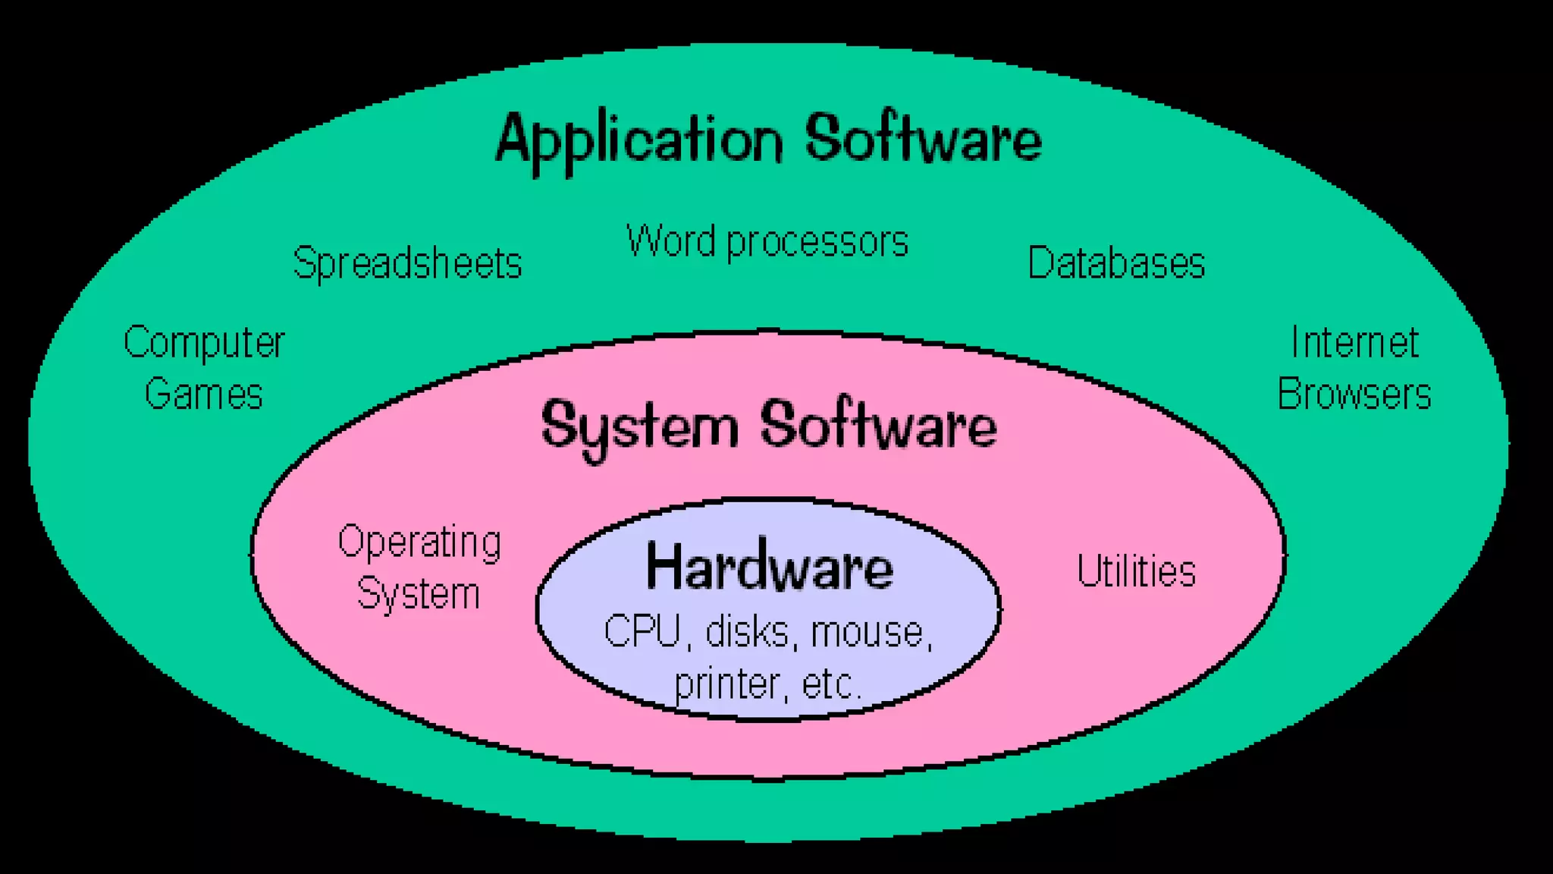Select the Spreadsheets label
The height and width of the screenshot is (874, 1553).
tap(407, 264)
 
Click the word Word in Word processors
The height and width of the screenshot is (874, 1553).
tap(670, 241)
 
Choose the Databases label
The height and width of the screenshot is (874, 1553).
tap(1115, 263)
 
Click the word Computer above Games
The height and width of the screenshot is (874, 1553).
tap(204, 344)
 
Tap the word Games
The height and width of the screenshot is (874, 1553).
tap(203, 395)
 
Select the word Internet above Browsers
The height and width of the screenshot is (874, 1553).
tap(1354, 343)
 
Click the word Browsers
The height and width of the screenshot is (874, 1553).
tap(1354, 395)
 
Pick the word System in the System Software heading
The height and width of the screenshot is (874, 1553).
tap(638, 427)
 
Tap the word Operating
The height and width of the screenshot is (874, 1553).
tap(419, 543)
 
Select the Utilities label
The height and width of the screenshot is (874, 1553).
tap(1136, 571)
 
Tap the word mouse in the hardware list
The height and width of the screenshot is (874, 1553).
tap(869, 632)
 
